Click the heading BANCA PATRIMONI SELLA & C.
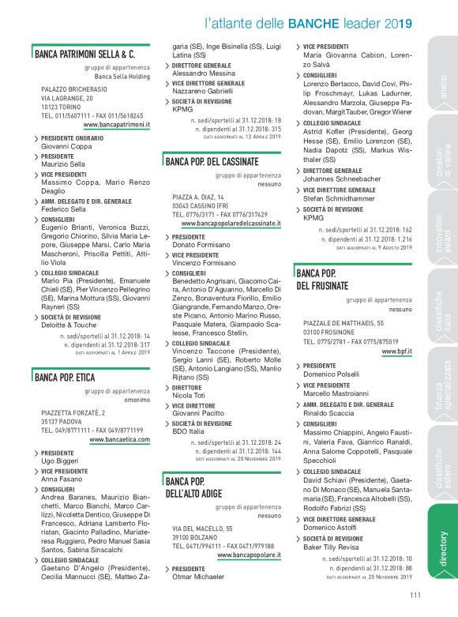(85, 55)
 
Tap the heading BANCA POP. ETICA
(65, 378)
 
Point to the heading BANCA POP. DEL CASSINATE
(216, 162)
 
